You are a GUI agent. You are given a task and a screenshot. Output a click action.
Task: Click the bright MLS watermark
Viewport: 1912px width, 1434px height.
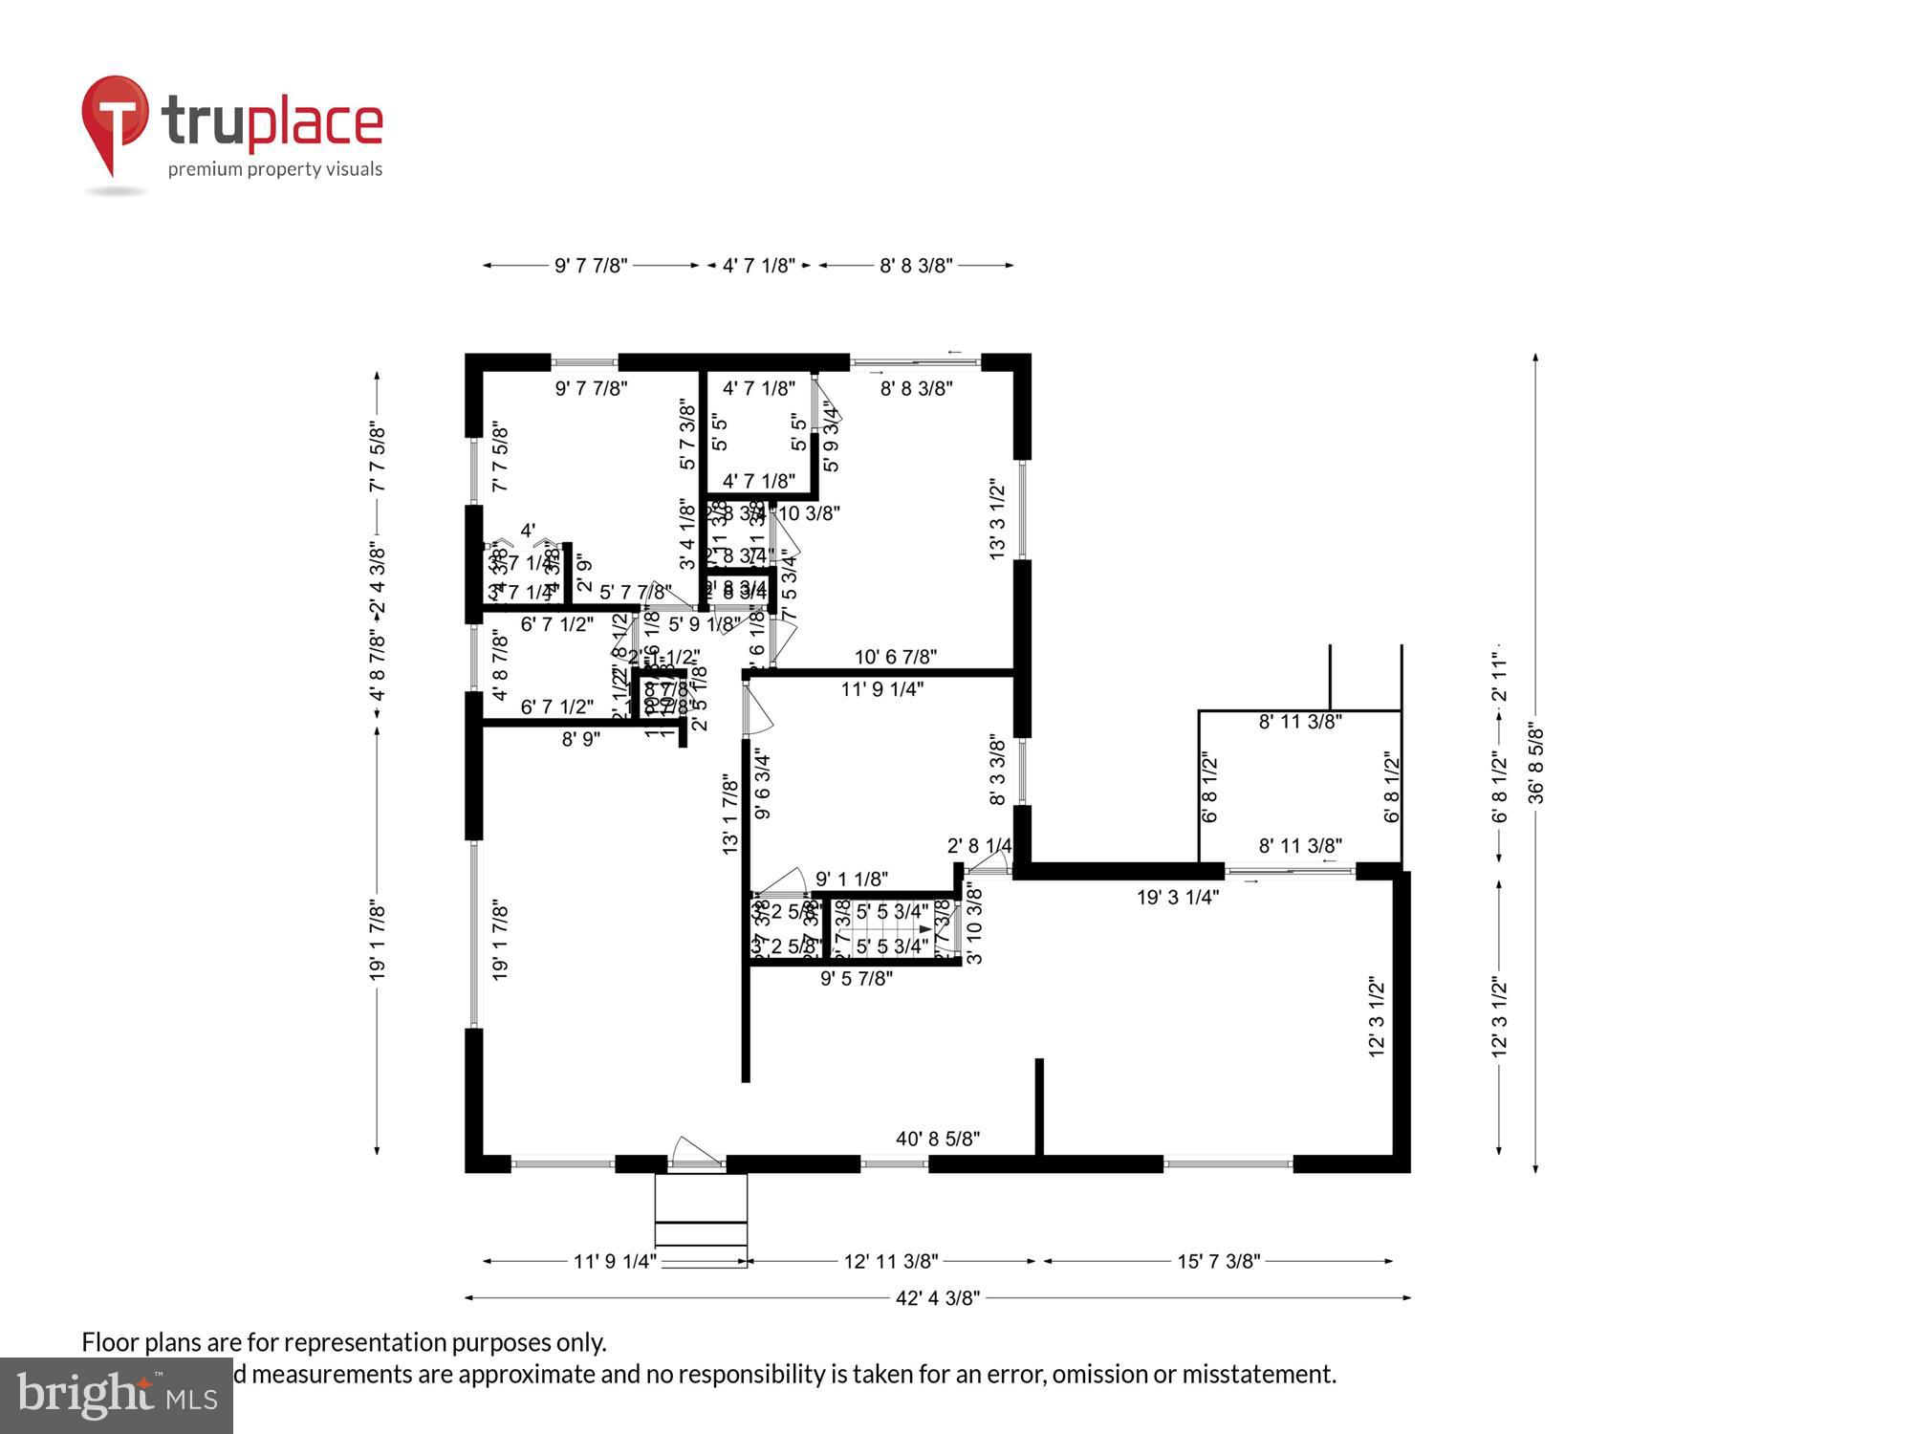pos(116,1397)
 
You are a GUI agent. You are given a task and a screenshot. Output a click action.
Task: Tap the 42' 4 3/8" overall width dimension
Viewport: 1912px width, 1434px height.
pos(937,1298)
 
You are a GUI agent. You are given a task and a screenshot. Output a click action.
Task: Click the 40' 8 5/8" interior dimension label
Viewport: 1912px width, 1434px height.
pos(937,1139)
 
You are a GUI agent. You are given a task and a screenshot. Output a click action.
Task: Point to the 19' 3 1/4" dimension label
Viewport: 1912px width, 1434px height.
pos(1177,897)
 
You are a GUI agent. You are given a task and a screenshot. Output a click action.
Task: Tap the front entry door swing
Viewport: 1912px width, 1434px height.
pos(695,1152)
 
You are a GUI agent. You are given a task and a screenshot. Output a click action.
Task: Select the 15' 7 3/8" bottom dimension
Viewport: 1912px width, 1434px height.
pos(1218,1262)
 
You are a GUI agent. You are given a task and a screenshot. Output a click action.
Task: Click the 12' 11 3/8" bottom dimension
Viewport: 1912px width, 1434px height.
pos(890,1262)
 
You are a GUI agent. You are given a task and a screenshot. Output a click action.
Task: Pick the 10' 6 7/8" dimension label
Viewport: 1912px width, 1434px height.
pos(895,657)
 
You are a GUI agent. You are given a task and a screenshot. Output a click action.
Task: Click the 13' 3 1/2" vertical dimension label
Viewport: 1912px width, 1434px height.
pos(997,519)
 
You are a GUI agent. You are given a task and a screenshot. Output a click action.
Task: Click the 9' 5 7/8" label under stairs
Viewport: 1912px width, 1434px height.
pos(856,978)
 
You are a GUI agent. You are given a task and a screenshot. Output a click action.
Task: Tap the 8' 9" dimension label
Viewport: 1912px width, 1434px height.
pos(580,739)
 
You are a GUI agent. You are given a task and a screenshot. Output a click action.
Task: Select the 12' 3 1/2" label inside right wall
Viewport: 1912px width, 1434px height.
pos(1377,1015)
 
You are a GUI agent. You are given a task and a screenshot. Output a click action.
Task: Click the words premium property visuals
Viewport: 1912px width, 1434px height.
pos(275,170)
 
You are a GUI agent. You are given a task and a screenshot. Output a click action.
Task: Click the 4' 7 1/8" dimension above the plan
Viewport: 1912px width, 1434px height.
pos(758,266)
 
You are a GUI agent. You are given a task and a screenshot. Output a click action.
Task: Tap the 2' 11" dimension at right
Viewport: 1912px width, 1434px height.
pos(1499,677)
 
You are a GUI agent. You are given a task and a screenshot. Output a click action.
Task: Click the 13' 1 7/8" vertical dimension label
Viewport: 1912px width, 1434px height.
pos(730,815)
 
